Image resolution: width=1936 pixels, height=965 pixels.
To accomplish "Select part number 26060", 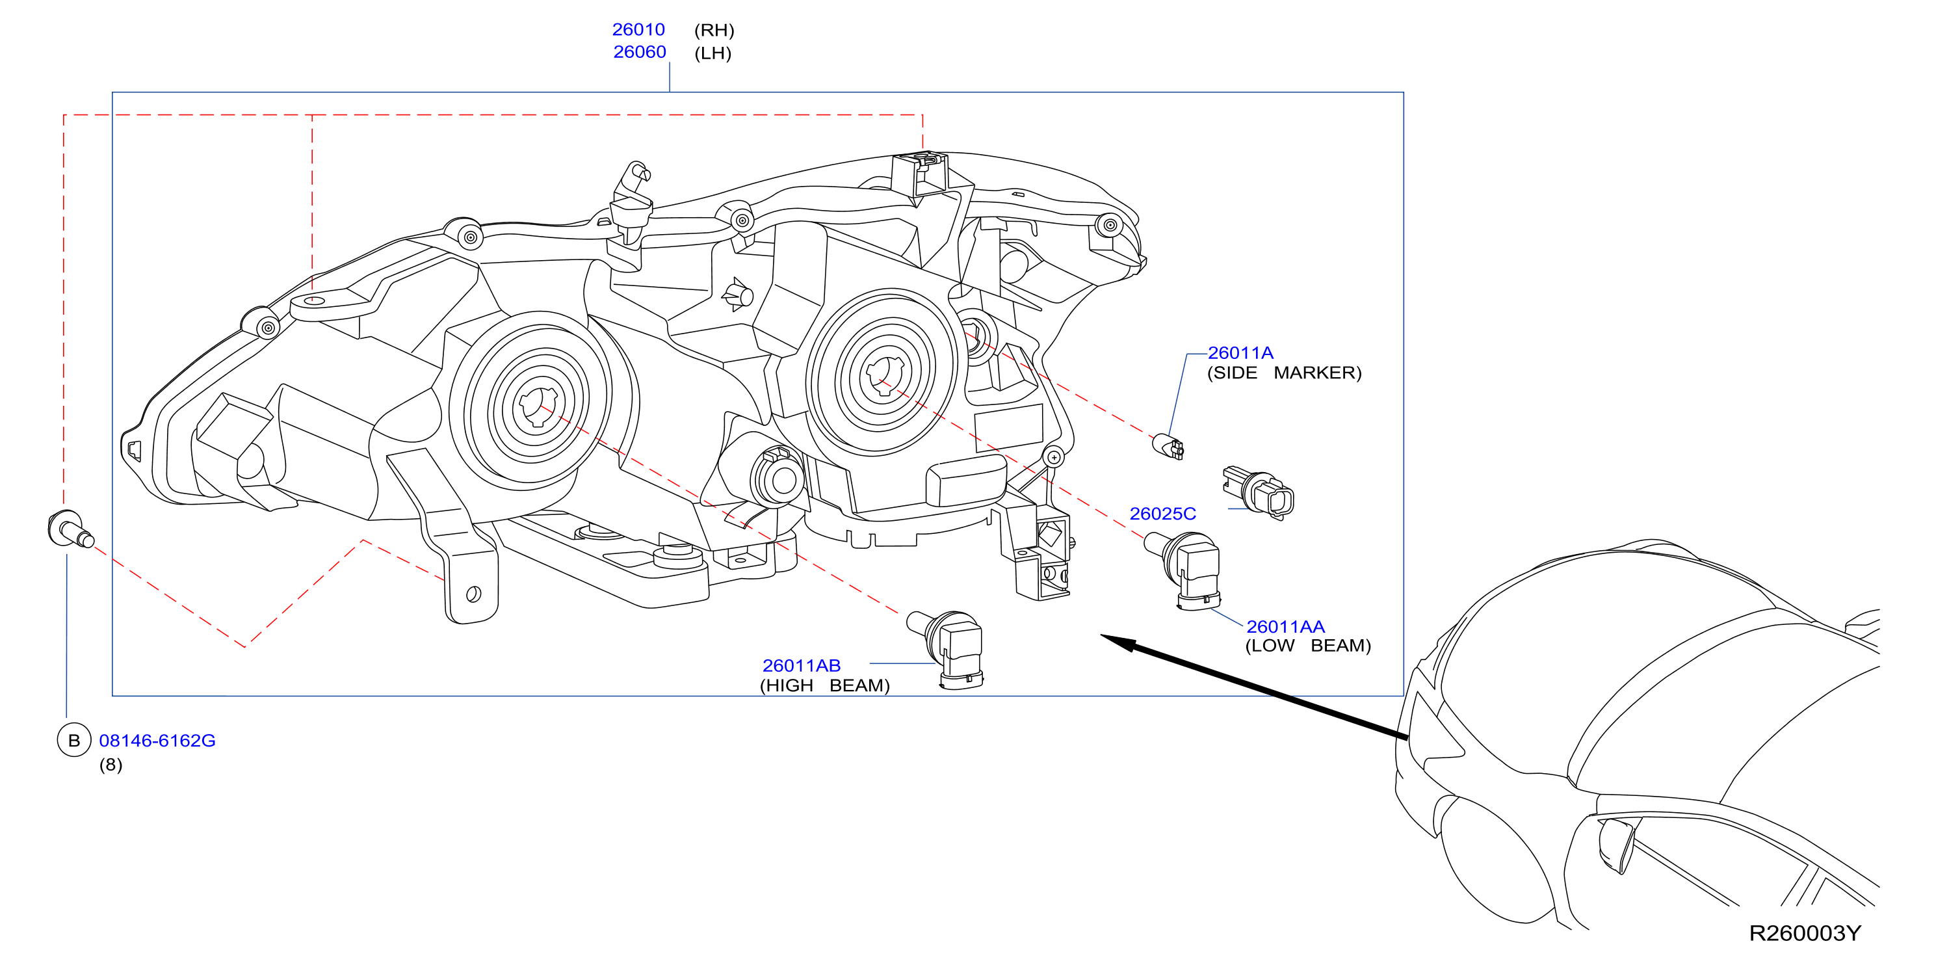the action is (x=640, y=52).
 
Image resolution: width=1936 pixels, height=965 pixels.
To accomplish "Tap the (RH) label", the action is (x=714, y=30).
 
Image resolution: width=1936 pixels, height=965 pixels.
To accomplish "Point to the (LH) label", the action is (x=713, y=53).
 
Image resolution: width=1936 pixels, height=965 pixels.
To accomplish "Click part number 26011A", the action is (x=1240, y=352).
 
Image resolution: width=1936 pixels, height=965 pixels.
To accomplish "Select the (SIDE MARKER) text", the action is (x=1284, y=373).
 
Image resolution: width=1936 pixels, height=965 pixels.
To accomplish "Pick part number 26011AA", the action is (x=1285, y=626).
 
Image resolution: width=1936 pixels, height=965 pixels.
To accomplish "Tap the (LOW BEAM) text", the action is (x=1308, y=646).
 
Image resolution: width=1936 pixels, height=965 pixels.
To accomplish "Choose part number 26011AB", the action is (x=801, y=665).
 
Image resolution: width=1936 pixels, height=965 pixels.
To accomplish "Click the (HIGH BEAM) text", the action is (x=824, y=685).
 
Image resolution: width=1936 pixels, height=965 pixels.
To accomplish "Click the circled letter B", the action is (x=73, y=740).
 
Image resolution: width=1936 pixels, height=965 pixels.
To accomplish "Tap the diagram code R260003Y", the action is (x=1805, y=932).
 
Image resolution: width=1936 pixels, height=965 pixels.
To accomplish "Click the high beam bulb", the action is (x=946, y=648).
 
